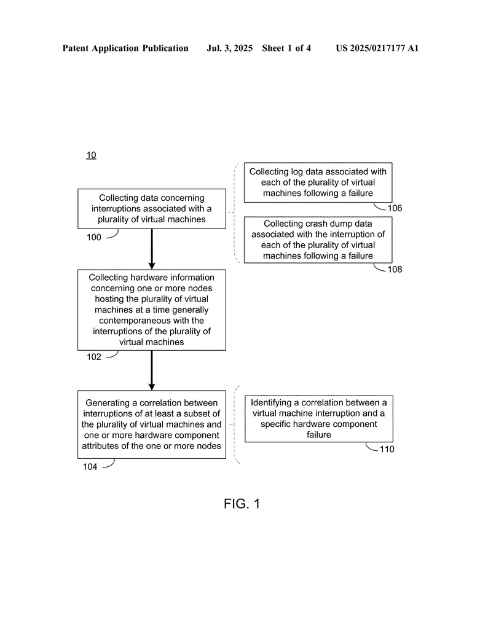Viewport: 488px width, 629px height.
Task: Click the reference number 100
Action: [x=94, y=237]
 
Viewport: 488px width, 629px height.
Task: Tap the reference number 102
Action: [x=94, y=357]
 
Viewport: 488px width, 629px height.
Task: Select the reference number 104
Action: [x=90, y=467]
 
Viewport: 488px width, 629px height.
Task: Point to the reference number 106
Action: [x=395, y=208]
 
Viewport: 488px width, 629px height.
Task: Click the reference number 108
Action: [x=395, y=269]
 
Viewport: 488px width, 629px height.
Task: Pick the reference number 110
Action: [x=387, y=449]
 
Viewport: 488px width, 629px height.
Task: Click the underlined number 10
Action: [x=91, y=155]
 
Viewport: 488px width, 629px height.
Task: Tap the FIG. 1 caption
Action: [x=242, y=504]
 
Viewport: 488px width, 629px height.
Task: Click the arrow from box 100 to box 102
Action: [x=152, y=249]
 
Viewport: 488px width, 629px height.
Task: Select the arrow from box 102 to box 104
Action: [x=152, y=370]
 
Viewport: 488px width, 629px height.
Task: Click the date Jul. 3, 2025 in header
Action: [x=229, y=48]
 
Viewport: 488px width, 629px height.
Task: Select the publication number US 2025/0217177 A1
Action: [x=377, y=48]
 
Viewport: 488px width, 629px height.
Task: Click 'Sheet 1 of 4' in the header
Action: [x=286, y=48]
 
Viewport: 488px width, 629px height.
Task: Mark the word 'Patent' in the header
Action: [x=76, y=48]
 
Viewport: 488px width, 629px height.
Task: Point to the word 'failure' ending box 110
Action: [x=319, y=435]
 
